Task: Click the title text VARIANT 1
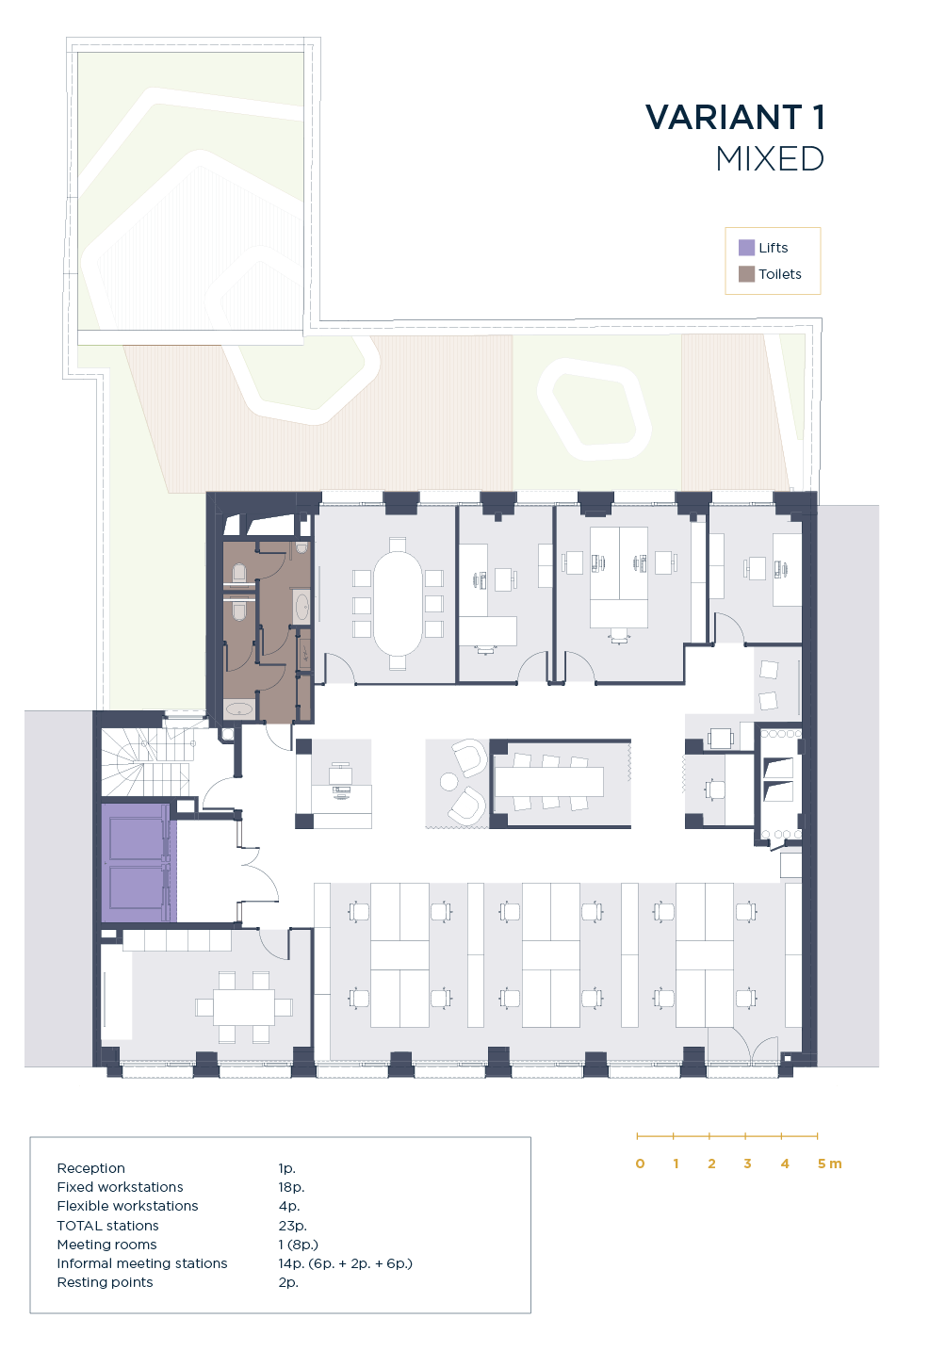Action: pos(735,117)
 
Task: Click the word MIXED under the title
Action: pos(770,159)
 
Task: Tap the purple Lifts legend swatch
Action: pos(746,247)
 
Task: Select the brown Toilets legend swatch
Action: pos(746,274)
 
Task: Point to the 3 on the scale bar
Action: pos(747,1164)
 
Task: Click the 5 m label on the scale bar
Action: pos(829,1164)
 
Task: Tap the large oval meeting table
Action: pos(398,604)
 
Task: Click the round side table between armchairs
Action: pos(448,782)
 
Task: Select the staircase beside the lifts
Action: pos(146,762)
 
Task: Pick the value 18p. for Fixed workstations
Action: pos(291,1187)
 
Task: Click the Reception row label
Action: pos(91,1168)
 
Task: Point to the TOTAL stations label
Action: pos(108,1226)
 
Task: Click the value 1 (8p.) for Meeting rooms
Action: pos(298,1245)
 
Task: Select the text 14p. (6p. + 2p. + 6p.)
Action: pos(345,1263)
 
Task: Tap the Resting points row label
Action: pos(105,1282)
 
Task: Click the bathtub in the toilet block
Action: pos(239,708)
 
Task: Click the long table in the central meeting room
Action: pos(548,782)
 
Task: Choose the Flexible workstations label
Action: pos(127,1206)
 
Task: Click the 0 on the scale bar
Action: pos(640,1164)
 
